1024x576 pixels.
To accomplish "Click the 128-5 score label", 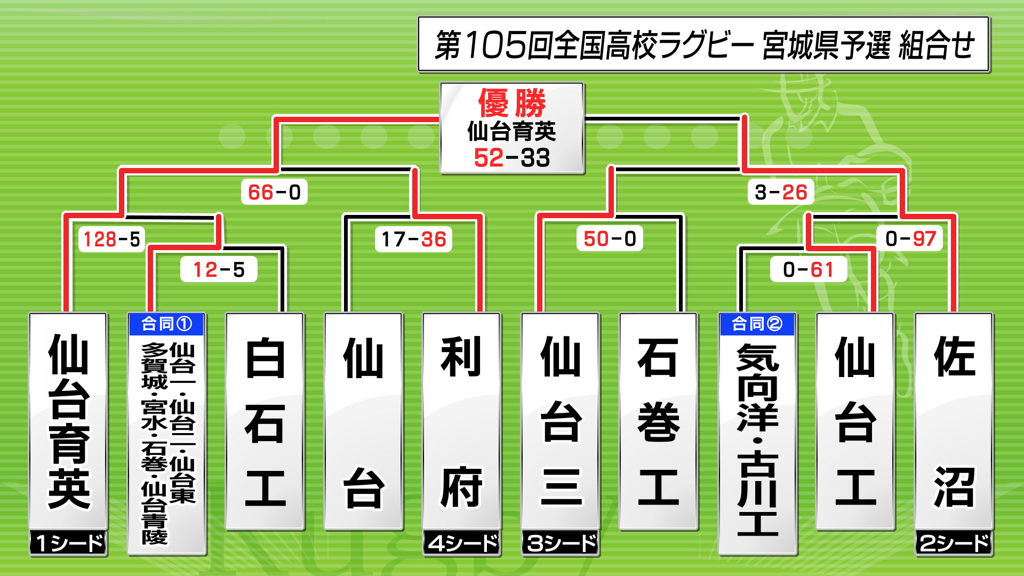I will (111, 239).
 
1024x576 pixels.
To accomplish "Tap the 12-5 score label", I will (219, 270).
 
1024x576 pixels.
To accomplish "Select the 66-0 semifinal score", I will (274, 192).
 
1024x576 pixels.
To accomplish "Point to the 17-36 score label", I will (413, 239).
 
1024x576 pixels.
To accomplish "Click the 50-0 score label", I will (610, 238).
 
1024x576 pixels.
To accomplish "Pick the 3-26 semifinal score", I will (781, 192).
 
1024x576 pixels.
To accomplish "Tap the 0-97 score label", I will (910, 238).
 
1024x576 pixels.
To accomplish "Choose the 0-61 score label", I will (808, 270).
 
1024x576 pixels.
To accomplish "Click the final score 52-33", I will (511, 158).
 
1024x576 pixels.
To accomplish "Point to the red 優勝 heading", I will (511, 103).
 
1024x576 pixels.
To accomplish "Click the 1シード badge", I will (68, 543).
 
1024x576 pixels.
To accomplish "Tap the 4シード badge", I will (462, 543).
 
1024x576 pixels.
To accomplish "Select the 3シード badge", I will (561, 543).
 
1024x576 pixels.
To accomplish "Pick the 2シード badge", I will (954, 543).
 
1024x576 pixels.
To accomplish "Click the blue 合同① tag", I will (166, 324).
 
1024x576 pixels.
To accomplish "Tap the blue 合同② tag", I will (757, 324).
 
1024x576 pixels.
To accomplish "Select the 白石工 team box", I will (265, 421).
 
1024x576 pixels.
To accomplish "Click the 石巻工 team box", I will (659, 421).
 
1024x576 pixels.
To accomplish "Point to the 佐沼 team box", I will (954, 421).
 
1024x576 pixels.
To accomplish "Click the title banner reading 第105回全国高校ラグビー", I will (703, 44).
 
